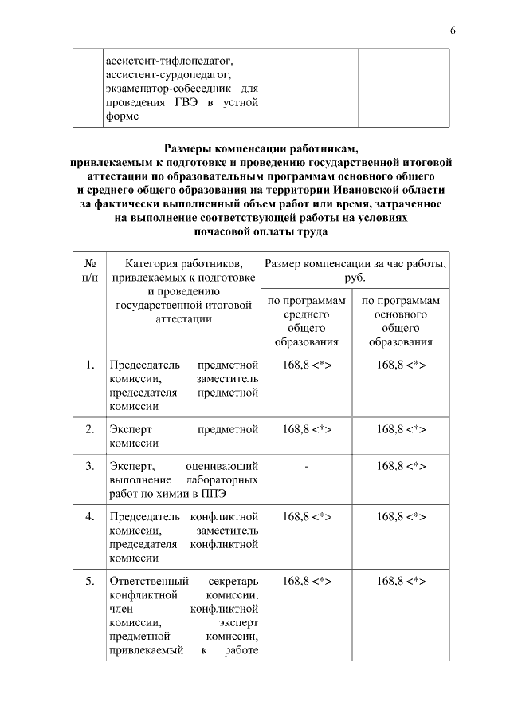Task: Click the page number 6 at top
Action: [453, 30]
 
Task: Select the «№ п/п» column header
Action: [89, 270]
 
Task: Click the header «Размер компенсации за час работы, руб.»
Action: [355, 270]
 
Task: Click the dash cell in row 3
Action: [307, 465]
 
